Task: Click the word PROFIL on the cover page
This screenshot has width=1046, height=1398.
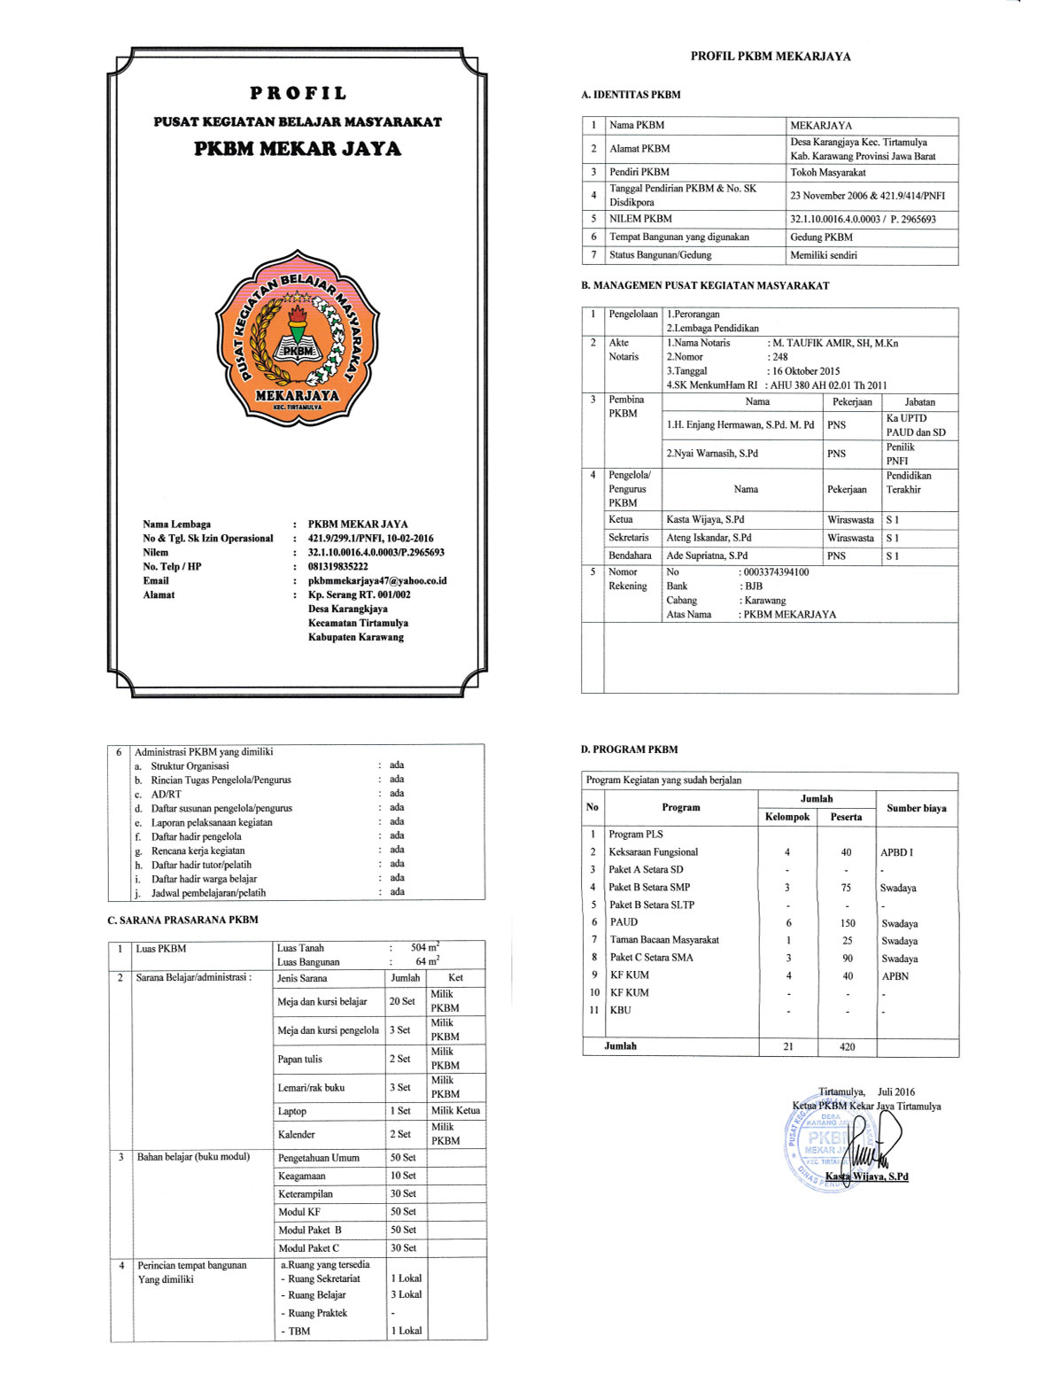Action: (x=298, y=93)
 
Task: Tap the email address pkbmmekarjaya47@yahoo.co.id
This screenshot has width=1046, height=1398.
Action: (x=376, y=580)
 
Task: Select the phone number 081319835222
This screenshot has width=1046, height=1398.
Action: (x=337, y=566)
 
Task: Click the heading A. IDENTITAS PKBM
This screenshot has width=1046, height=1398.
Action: (x=631, y=95)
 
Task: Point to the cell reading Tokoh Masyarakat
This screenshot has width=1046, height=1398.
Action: (x=827, y=173)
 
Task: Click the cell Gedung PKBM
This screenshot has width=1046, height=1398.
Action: (x=821, y=237)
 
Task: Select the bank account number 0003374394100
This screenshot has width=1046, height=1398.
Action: (x=777, y=572)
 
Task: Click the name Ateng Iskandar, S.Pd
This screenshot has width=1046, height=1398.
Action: (x=709, y=538)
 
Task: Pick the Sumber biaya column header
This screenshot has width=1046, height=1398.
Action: (x=917, y=808)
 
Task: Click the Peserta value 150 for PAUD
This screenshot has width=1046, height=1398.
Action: (x=847, y=923)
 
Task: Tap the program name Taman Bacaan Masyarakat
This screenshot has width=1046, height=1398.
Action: (x=664, y=940)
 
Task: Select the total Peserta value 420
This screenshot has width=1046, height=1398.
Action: (x=847, y=1047)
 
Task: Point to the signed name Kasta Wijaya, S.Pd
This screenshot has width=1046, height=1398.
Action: (x=866, y=1177)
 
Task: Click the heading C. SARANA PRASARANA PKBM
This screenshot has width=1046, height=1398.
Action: (x=182, y=920)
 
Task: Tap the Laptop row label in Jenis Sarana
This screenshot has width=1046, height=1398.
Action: (x=291, y=1111)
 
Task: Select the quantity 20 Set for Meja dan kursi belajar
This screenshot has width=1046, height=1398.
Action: (x=402, y=1001)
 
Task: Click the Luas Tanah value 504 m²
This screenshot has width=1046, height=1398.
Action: (x=425, y=948)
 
